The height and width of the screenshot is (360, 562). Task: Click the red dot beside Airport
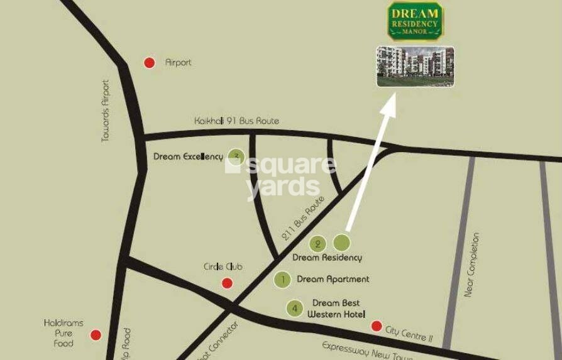150,62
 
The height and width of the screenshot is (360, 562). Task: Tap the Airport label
178,63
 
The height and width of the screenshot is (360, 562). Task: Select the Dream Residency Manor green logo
415,21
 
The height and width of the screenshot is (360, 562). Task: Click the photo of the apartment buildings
415,66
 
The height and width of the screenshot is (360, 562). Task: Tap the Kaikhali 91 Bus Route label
236,121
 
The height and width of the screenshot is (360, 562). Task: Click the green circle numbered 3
236,156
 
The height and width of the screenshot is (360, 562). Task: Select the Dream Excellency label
188,156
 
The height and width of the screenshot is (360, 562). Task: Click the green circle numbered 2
318,243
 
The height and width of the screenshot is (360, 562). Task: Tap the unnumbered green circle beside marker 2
341,243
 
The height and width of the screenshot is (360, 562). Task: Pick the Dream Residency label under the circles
327,258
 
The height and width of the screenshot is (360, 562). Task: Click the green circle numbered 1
283,280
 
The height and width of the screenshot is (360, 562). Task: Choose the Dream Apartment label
333,279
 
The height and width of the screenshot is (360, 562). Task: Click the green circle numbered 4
294,308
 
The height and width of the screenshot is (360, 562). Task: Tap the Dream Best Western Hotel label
336,308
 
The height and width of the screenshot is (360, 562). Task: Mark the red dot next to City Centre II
377,325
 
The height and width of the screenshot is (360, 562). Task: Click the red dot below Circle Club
228,283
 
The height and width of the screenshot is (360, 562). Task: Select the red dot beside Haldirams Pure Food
96,335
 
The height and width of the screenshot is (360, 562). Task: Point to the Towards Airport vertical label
106,111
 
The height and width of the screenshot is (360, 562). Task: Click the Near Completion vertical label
472,265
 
